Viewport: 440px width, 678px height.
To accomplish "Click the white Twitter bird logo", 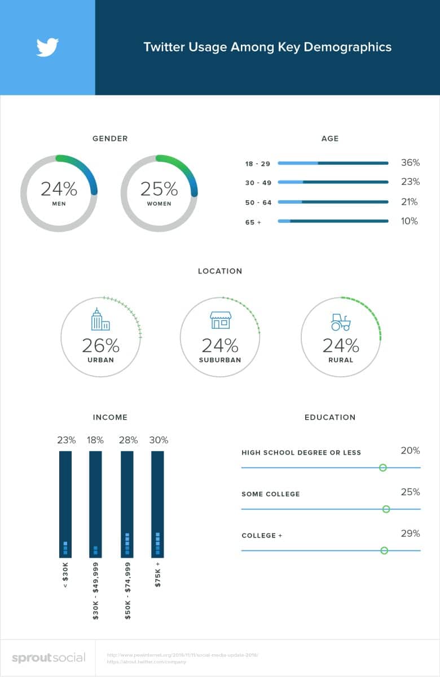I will [x=47, y=47].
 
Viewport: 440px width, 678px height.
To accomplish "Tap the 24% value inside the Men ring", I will [x=59, y=188].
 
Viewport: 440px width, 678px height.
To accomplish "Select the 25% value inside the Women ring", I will [x=159, y=188].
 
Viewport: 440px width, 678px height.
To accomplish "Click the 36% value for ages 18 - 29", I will [x=410, y=163].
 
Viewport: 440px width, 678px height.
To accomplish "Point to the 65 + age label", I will [x=253, y=222].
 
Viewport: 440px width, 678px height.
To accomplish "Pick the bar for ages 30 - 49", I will [x=333, y=182].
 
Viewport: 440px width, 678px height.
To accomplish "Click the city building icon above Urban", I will [x=100, y=320].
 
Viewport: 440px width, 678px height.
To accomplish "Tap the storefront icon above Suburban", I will [x=220, y=320].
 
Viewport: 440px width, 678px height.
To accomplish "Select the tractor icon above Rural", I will [x=341, y=322].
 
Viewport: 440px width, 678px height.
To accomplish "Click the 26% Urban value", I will [x=100, y=345].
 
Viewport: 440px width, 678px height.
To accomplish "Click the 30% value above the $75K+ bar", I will [x=159, y=440].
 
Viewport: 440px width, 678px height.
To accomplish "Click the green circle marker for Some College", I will [x=386, y=509].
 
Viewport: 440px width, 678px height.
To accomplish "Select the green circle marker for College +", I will [x=384, y=551].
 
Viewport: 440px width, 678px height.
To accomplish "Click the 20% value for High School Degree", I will [x=410, y=451].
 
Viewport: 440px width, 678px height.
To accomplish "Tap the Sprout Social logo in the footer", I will [x=49, y=658].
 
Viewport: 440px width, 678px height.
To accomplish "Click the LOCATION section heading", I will [x=220, y=271].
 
